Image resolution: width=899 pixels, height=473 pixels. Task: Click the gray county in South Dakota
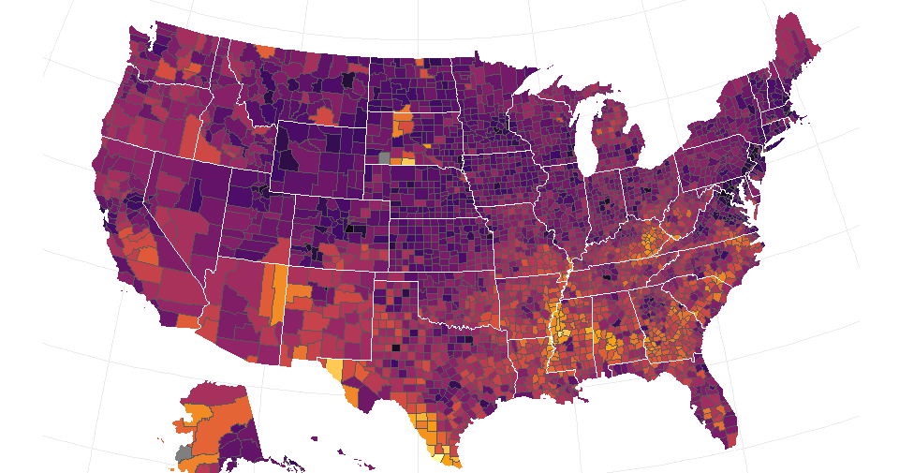[x=384, y=157]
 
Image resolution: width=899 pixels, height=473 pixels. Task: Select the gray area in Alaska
[x=184, y=451]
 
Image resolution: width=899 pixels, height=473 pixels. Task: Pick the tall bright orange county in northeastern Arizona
[x=278, y=293]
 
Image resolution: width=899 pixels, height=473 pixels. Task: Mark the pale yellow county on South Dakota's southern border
[x=408, y=160]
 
